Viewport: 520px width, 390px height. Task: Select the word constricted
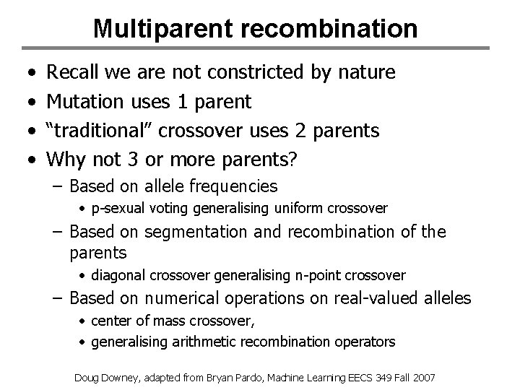tap(257, 72)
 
